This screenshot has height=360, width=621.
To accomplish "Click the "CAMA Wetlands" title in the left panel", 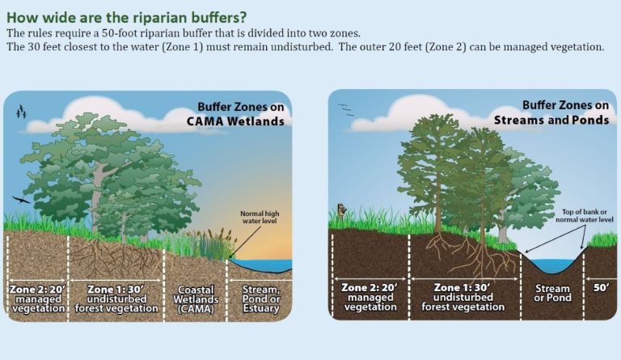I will [234, 121].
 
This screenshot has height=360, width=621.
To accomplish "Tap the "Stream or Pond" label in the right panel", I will [552, 293].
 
